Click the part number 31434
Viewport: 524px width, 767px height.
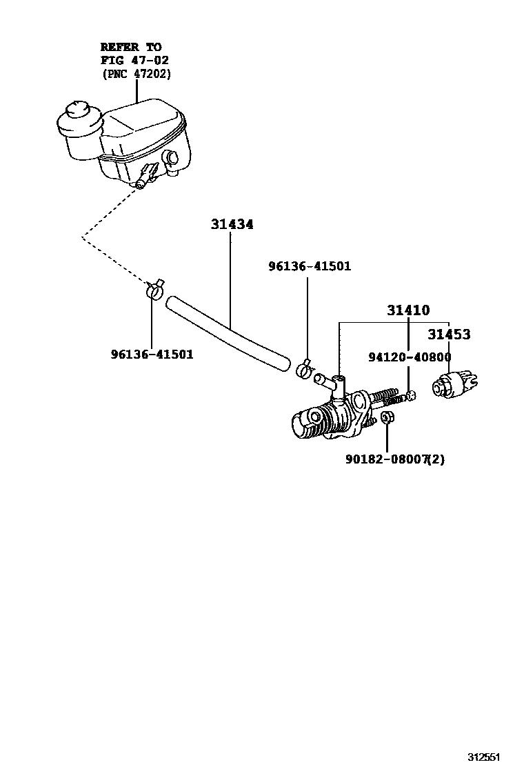(232, 225)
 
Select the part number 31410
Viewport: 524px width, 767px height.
(407, 311)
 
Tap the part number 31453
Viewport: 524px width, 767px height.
(449, 335)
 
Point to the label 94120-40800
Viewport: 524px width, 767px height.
(410, 357)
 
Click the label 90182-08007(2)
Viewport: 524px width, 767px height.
(395, 458)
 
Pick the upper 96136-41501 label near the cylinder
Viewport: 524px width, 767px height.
(310, 266)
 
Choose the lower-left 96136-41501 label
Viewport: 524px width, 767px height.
(152, 355)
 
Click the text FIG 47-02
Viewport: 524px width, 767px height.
(135, 60)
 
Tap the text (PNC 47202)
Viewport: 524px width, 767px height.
(137, 73)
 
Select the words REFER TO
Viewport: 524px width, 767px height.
(131, 47)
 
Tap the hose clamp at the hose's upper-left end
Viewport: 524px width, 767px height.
(155, 290)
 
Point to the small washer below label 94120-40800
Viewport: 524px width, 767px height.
(410, 395)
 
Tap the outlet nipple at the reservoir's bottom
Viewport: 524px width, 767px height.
(141, 183)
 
